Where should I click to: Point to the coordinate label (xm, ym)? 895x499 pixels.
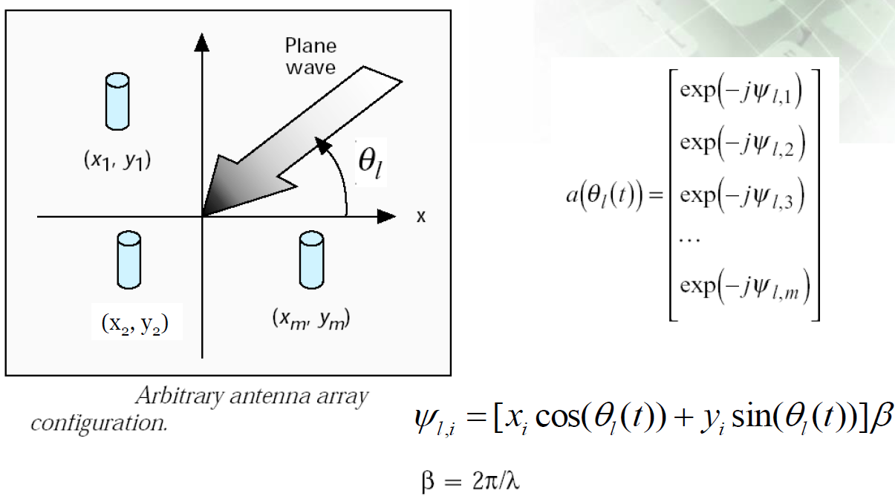[310, 321]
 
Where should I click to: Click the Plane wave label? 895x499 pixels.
[310, 56]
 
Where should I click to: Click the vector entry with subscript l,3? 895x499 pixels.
[742, 200]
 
